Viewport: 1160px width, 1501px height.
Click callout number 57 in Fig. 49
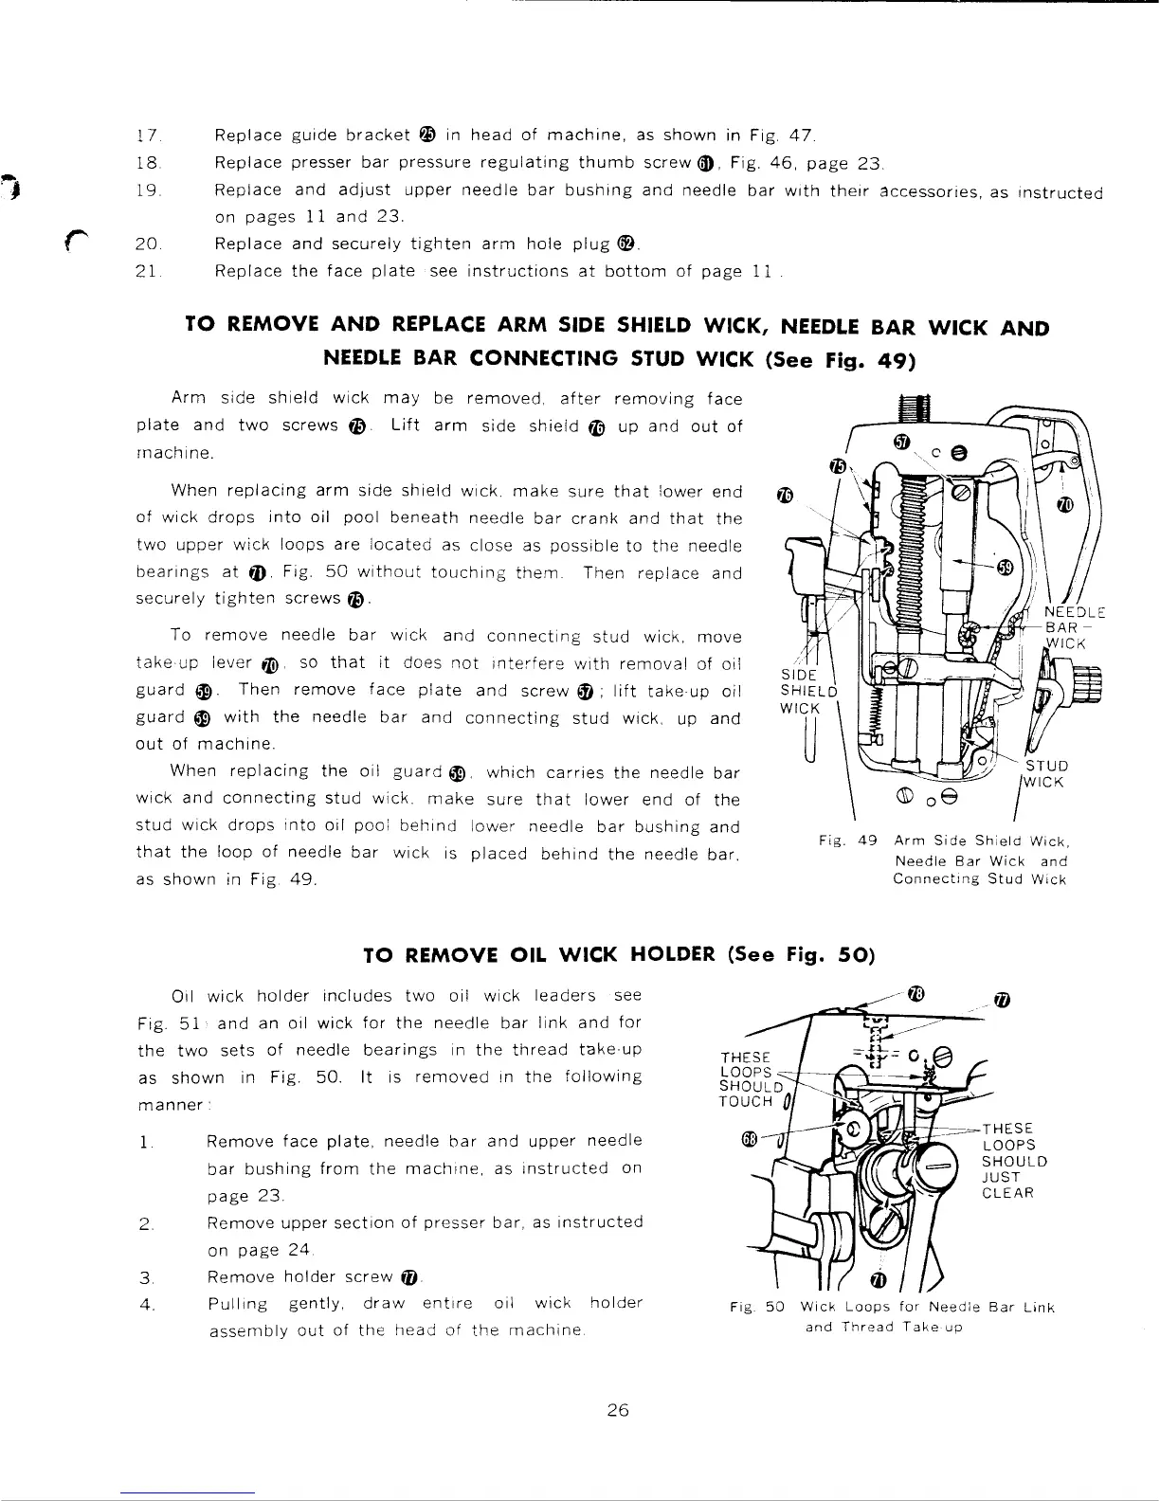coord(902,444)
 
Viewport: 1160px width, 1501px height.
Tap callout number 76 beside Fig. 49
coord(784,496)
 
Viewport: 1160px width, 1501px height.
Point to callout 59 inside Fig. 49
coord(1006,567)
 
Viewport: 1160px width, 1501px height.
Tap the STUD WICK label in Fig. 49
coord(1045,773)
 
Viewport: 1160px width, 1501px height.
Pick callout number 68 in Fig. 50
coord(749,1137)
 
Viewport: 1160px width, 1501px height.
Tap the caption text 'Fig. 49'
coord(849,841)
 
